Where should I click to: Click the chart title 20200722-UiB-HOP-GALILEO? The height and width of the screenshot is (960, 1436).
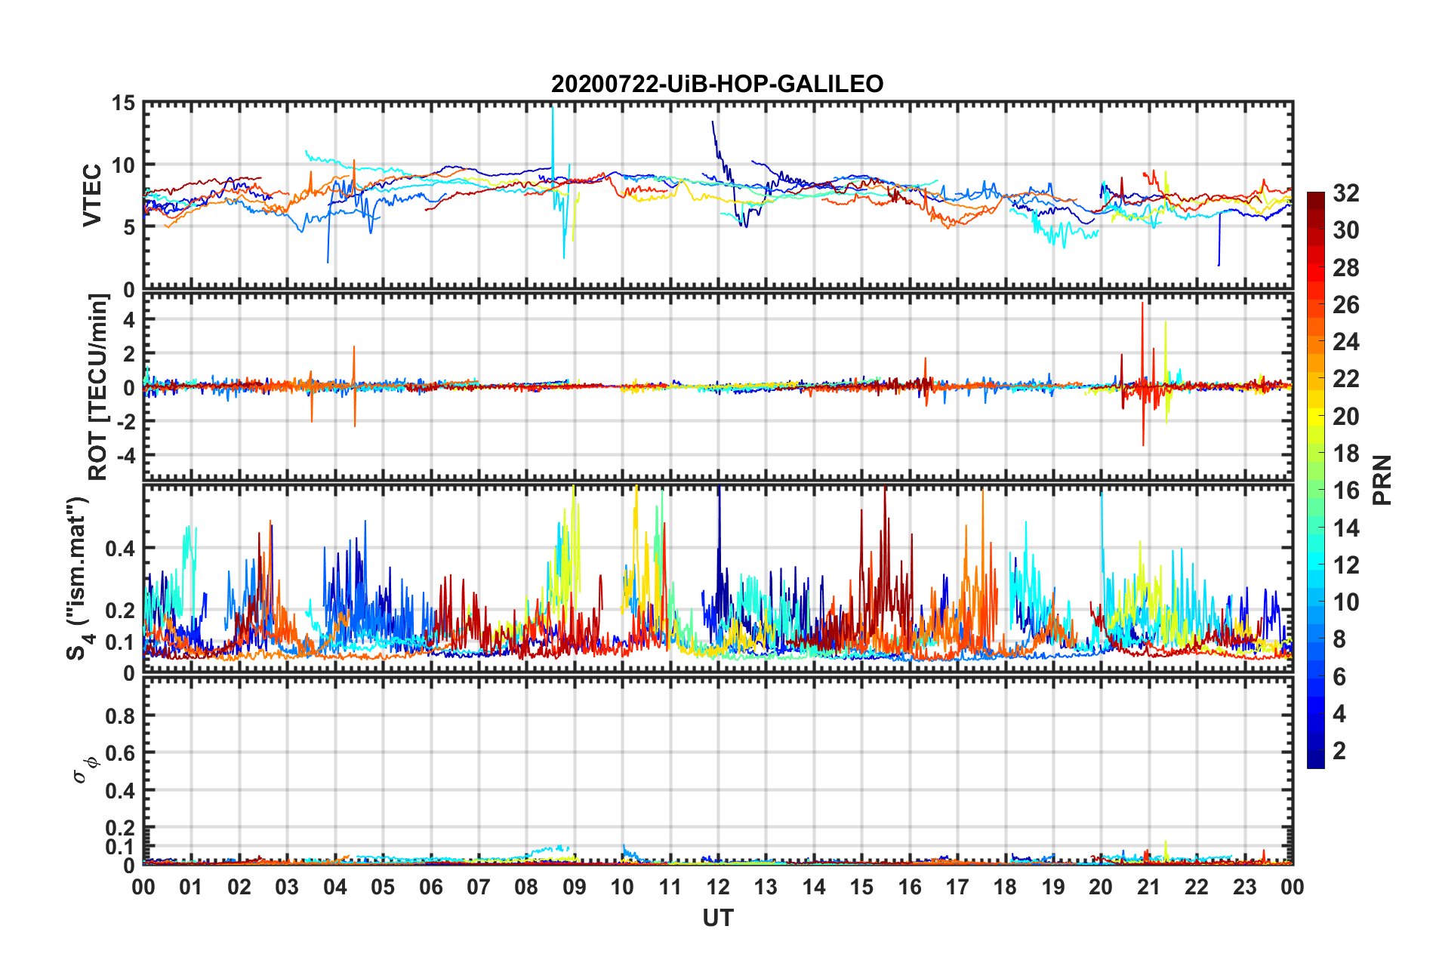[x=717, y=84]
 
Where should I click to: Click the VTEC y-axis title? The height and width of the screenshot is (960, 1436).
[x=92, y=195]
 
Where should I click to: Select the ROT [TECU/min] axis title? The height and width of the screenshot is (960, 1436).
[x=98, y=387]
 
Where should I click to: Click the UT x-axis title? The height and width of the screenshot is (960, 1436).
[x=717, y=918]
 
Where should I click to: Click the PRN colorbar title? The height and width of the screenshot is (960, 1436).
[x=1382, y=480]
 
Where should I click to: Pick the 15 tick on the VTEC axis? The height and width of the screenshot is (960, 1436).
[x=122, y=103]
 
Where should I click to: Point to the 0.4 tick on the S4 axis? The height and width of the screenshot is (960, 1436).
[x=120, y=549]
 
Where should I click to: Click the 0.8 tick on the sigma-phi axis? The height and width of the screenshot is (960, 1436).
[x=120, y=716]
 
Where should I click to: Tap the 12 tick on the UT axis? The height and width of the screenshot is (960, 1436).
[x=718, y=887]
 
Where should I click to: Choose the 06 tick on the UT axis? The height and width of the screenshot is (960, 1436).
[x=431, y=887]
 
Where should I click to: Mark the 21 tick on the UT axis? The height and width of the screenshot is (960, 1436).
[x=1148, y=887]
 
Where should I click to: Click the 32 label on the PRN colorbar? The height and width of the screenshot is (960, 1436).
[x=1346, y=193]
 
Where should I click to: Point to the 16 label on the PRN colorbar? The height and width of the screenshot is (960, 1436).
[x=1346, y=491]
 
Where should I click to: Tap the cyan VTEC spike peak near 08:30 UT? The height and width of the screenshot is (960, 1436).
[x=553, y=110]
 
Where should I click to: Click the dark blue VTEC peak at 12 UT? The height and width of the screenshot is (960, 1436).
[x=713, y=122]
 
